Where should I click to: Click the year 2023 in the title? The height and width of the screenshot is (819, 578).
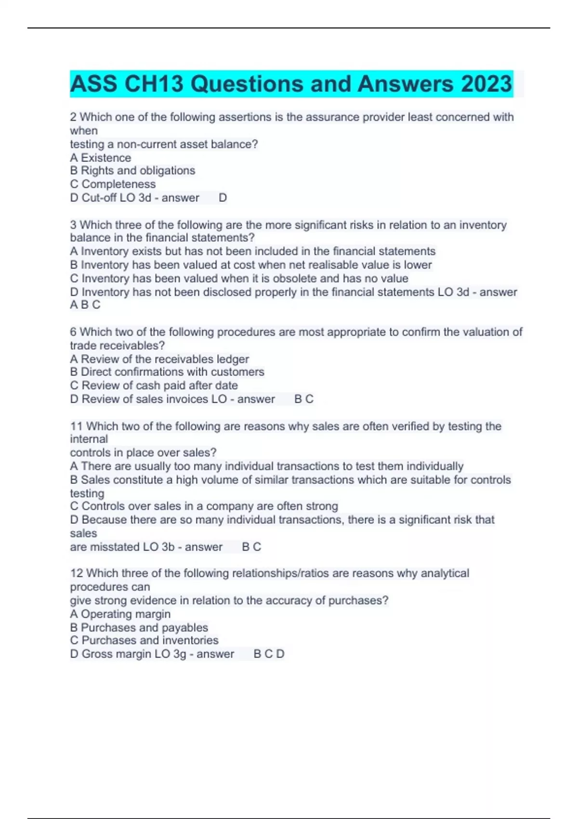click(x=486, y=84)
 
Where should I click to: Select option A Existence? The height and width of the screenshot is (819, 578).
click(x=100, y=158)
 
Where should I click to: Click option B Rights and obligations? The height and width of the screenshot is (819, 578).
click(x=132, y=171)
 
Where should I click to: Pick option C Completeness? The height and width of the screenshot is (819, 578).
click(x=113, y=184)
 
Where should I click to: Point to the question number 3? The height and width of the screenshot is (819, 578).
click(x=73, y=225)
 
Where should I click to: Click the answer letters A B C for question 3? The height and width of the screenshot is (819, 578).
click(x=85, y=305)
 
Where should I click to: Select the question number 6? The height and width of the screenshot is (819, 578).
click(x=73, y=332)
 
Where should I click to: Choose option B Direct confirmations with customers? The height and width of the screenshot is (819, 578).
click(x=167, y=372)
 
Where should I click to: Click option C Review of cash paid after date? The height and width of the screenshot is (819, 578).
click(x=154, y=385)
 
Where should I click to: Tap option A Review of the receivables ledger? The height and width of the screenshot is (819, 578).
click(x=159, y=359)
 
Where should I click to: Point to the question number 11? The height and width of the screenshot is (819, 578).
click(x=76, y=426)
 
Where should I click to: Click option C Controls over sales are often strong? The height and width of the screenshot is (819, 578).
click(x=204, y=506)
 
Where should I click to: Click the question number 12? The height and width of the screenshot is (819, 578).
click(x=76, y=573)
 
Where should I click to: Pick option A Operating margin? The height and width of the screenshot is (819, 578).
click(x=120, y=614)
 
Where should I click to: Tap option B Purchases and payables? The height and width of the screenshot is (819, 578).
click(x=139, y=628)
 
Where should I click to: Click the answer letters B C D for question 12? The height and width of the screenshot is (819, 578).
click(x=269, y=654)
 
